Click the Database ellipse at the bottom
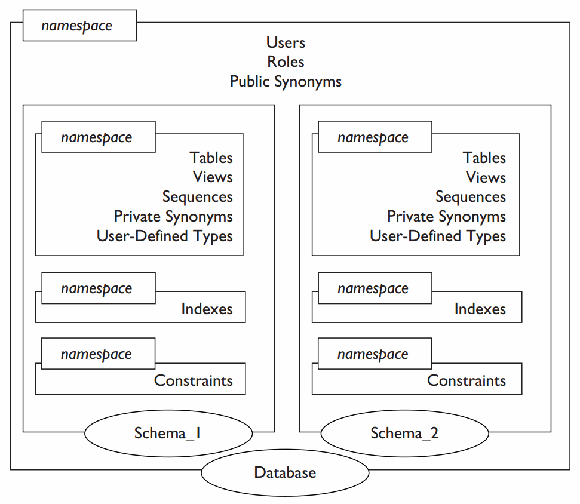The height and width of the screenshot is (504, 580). pyautogui.click(x=285, y=473)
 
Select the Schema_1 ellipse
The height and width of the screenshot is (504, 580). pyautogui.click(x=168, y=434)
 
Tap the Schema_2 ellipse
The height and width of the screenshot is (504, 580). pyautogui.click(x=404, y=434)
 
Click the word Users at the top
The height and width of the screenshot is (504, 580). pyautogui.click(x=286, y=42)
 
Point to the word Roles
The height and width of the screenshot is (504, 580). pyautogui.click(x=286, y=62)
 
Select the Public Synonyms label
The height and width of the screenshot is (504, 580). pyautogui.click(x=286, y=81)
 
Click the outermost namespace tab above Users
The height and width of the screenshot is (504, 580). pyautogui.click(x=79, y=26)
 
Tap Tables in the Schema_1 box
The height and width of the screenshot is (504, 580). pyautogui.click(x=211, y=158)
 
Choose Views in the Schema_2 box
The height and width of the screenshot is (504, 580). pyautogui.click(x=486, y=177)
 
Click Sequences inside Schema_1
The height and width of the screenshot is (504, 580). pyautogui.click(x=197, y=196)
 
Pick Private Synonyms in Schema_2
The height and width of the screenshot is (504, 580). pyautogui.click(x=446, y=216)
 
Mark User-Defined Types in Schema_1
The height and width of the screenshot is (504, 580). pyautogui.click(x=165, y=236)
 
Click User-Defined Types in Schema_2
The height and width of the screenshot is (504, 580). pyautogui.click(x=438, y=236)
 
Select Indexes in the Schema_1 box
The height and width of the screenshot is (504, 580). pyautogui.click(x=207, y=309)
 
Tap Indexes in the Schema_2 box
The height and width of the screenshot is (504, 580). pyautogui.click(x=480, y=309)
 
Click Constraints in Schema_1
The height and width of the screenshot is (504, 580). pyautogui.click(x=193, y=380)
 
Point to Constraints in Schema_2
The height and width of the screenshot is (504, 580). pyautogui.click(x=466, y=380)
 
